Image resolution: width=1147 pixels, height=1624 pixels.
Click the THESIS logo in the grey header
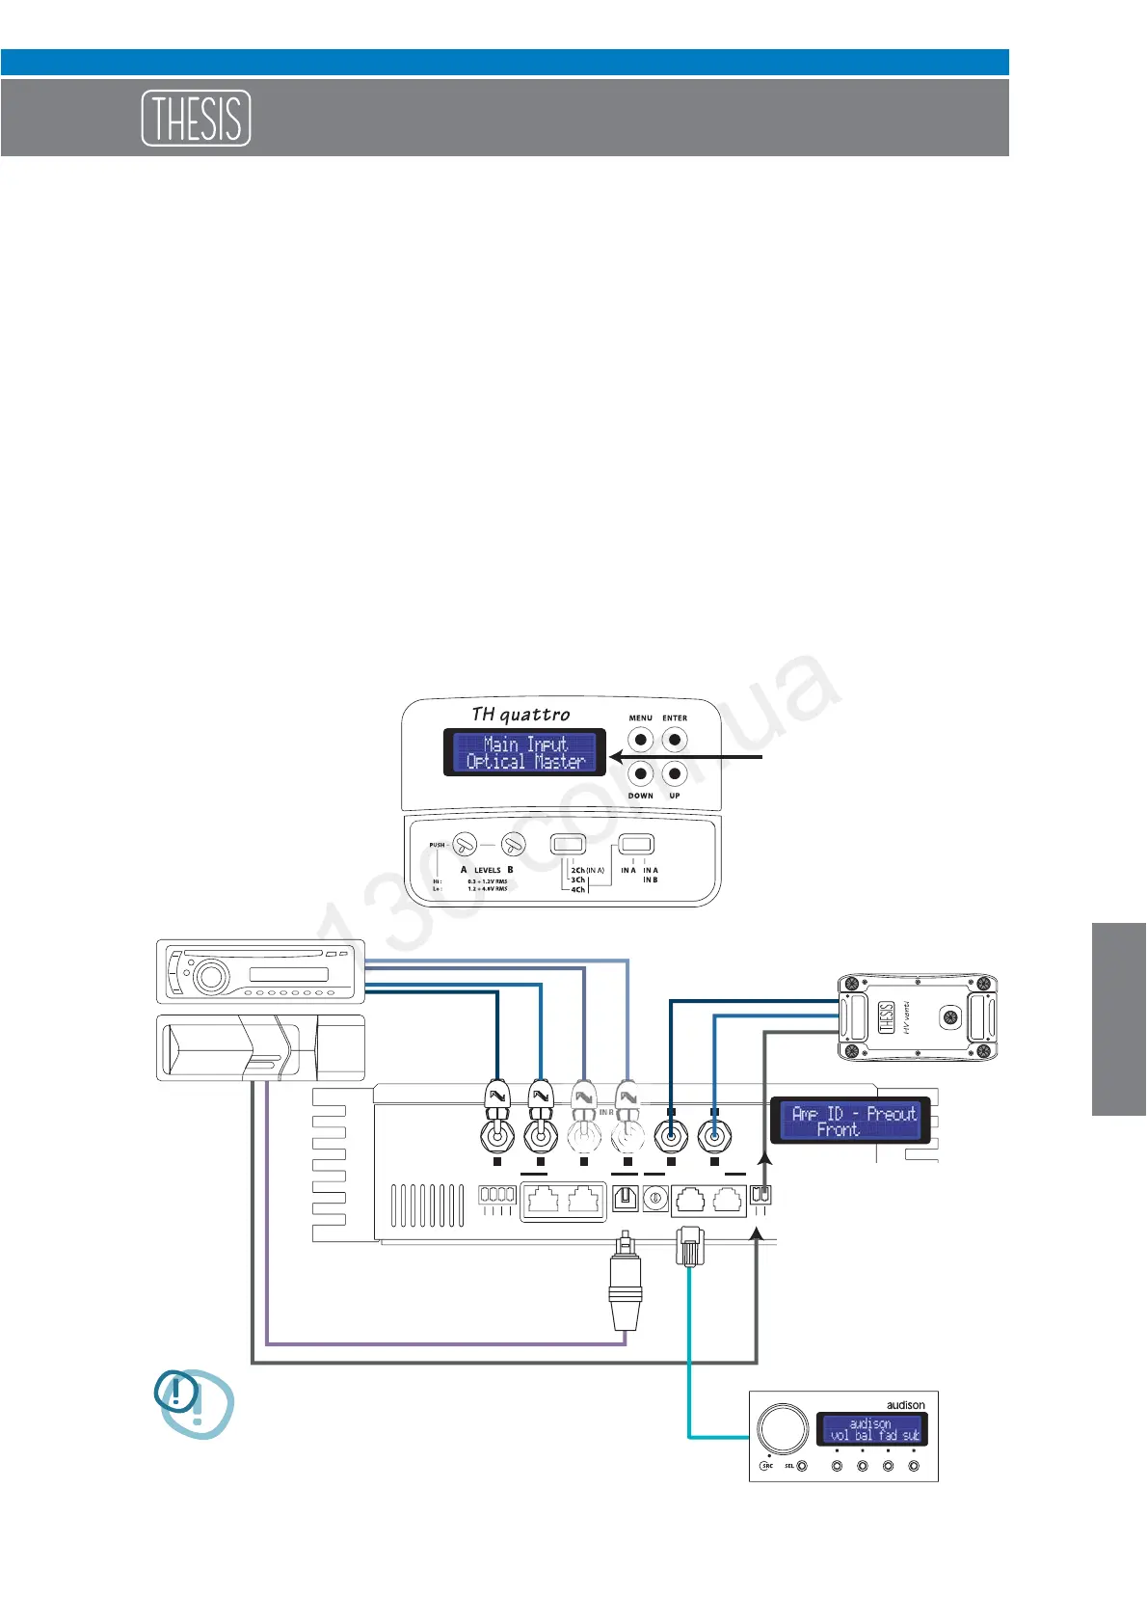tap(197, 118)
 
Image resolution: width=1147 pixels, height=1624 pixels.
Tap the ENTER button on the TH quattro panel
tap(675, 740)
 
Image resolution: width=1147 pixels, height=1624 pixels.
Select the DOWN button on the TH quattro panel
tap(640, 773)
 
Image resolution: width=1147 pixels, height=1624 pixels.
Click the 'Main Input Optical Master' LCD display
tap(524, 752)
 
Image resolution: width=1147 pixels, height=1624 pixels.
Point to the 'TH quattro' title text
tap(520, 715)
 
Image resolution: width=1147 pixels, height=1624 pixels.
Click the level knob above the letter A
tap(465, 846)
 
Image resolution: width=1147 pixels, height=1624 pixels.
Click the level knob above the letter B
tap(513, 846)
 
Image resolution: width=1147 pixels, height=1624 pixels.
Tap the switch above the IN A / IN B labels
tap(636, 845)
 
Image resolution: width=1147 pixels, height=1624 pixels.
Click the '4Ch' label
tap(577, 890)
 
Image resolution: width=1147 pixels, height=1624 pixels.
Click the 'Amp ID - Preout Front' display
tap(851, 1121)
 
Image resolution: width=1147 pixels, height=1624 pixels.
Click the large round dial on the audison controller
tap(783, 1429)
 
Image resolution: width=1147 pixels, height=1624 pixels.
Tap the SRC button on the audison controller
tap(767, 1466)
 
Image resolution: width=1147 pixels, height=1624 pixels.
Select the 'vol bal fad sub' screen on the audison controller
tap(871, 1429)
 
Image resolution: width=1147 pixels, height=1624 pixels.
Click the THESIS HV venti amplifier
tap(916, 1017)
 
